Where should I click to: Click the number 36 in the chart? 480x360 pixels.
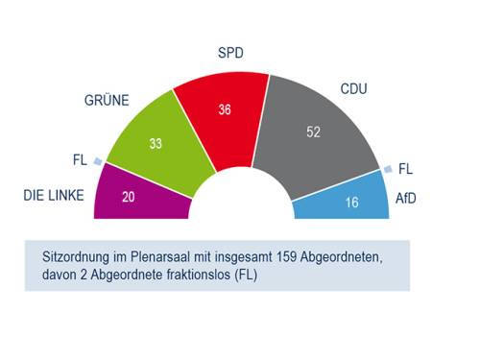[226, 109]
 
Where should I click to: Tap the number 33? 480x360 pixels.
[157, 145]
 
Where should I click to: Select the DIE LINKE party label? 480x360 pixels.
[55, 196]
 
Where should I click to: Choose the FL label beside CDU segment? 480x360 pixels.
[404, 169]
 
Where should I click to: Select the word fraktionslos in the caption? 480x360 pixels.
[204, 276]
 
